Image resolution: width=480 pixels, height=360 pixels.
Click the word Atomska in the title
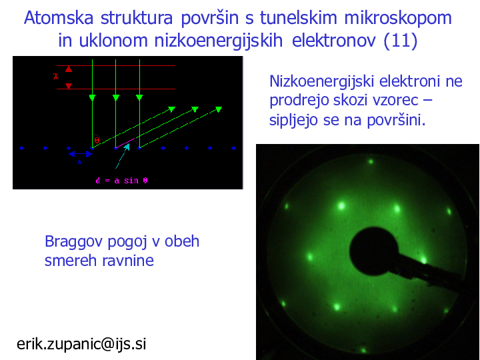[x=59, y=18]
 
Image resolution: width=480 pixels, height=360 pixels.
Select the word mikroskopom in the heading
[x=398, y=19]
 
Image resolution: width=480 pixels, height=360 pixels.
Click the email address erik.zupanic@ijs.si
[x=81, y=344]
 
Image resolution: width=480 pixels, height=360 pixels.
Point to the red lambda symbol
[x=56, y=77]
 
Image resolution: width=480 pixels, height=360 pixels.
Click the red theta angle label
[x=97, y=141]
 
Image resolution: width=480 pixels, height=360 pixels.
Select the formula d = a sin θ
[x=121, y=181]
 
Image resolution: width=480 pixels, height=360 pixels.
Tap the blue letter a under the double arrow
[x=79, y=162]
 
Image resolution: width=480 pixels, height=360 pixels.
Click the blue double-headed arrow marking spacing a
[x=81, y=154]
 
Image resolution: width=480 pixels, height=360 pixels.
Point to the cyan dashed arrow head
[x=127, y=146]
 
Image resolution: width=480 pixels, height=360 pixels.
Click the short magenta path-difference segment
[x=125, y=143]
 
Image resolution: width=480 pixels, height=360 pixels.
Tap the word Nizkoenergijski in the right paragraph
[x=322, y=82]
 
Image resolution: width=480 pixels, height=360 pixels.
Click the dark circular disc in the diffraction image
[x=374, y=251]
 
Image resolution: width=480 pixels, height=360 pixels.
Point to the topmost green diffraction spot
[x=371, y=161]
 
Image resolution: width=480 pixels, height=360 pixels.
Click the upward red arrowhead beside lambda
[x=69, y=69]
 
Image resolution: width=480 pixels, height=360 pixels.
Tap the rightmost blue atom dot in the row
[x=233, y=148]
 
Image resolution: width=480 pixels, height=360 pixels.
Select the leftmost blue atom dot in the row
[x=21, y=148]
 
